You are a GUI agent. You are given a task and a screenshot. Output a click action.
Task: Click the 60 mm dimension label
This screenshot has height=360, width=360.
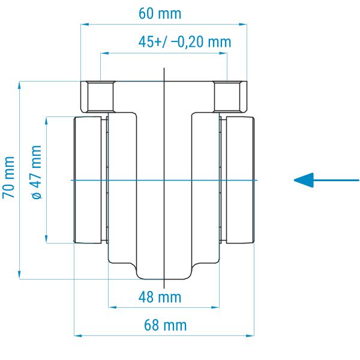[x=160, y=14]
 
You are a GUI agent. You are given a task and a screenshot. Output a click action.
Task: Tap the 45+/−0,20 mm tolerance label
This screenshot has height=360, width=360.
[x=185, y=42]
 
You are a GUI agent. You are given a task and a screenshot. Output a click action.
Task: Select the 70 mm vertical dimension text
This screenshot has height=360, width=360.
[x=9, y=177]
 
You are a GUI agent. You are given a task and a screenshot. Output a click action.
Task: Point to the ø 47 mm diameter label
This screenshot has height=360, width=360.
[x=36, y=172]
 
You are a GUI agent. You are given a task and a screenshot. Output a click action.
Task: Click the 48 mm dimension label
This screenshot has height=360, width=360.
[x=160, y=297]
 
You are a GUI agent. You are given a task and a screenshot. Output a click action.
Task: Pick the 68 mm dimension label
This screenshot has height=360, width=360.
[x=166, y=325]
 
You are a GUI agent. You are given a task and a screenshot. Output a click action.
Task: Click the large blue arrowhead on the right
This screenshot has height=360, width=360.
[x=304, y=180]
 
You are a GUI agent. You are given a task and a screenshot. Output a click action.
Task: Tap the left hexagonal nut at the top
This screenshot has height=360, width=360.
[x=97, y=97]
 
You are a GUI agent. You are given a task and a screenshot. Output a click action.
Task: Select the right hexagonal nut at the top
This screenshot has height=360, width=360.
[x=230, y=97]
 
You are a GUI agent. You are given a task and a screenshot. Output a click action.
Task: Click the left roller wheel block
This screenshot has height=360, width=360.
[x=88, y=180]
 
